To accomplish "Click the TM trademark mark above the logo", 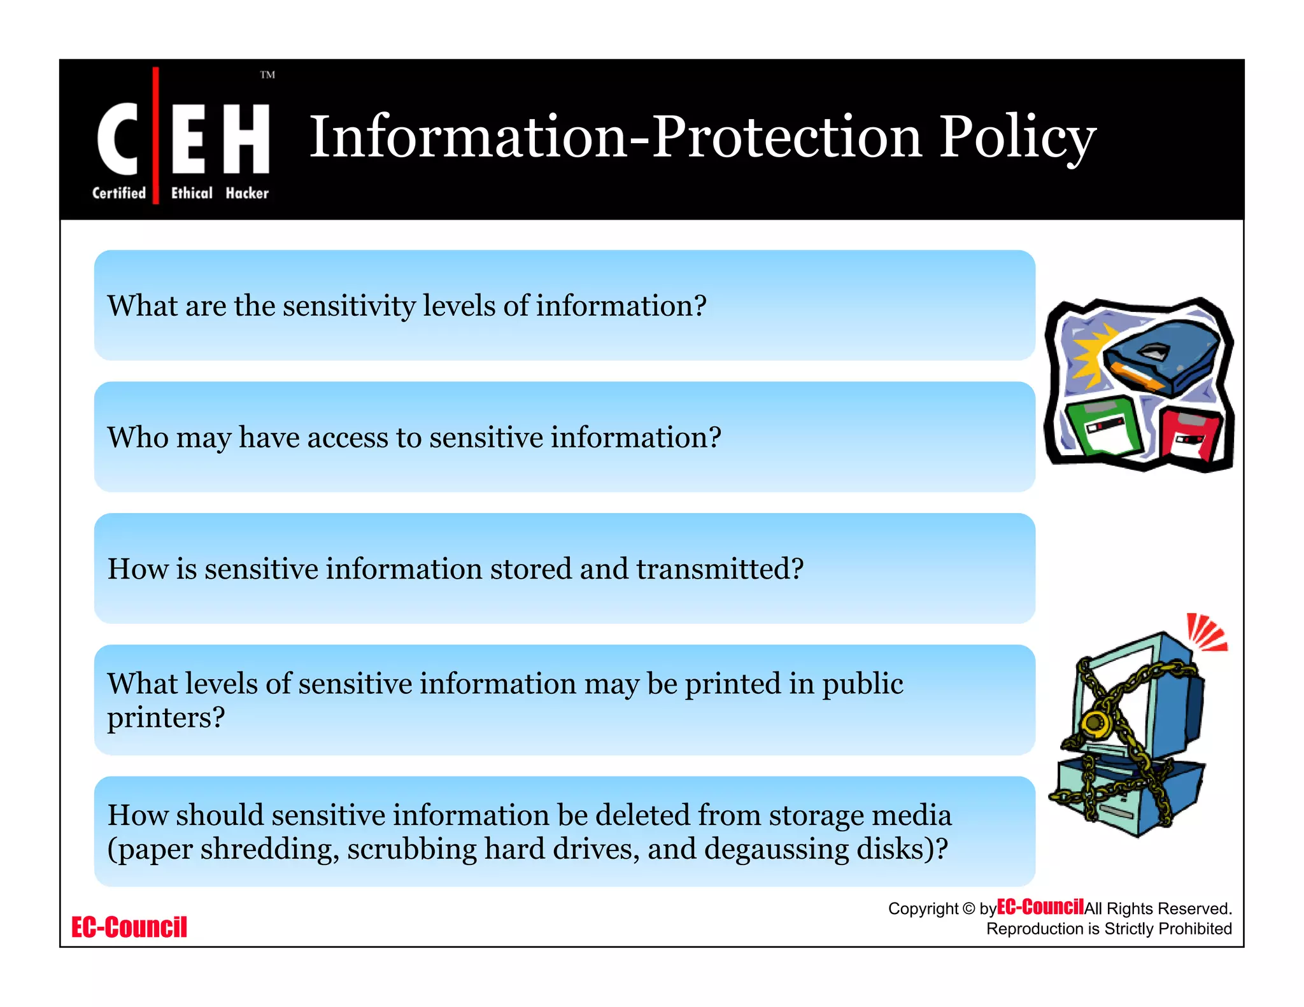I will (x=267, y=75).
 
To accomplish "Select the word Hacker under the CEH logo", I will (x=247, y=193).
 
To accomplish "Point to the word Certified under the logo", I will (x=119, y=193).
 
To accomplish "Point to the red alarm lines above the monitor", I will (x=1205, y=632).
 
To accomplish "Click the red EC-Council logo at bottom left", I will (x=129, y=927).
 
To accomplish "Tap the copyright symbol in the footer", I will (x=968, y=909).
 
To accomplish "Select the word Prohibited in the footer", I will (x=1194, y=929).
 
